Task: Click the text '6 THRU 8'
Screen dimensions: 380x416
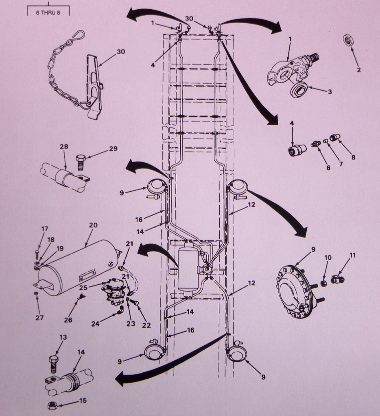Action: click(x=48, y=13)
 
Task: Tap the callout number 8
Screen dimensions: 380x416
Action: click(x=353, y=157)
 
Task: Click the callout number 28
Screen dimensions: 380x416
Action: click(x=64, y=146)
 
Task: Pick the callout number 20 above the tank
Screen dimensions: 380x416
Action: click(x=93, y=225)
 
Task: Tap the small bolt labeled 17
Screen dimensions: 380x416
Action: click(x=37, y=254)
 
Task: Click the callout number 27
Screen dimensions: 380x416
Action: click(x=39, y=317)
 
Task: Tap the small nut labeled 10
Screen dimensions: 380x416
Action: click(x=324, y=283)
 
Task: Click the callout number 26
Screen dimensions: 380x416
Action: click(x=68, y=320)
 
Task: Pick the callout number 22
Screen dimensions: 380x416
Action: click(x=146, y=325)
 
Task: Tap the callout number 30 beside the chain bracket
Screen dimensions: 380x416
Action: click(x=121, y=52)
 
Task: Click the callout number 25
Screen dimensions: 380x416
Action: click(x=83, y=288)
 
